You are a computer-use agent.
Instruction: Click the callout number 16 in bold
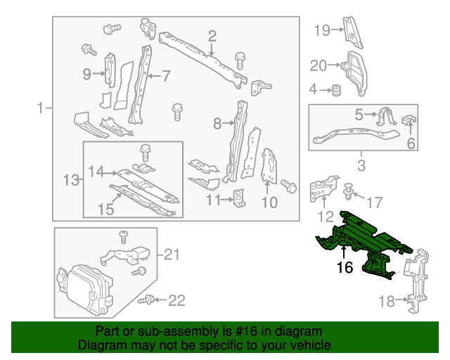(344, 267)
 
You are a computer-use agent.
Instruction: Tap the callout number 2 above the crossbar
(212, 36)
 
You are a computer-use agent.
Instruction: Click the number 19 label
(321, 30)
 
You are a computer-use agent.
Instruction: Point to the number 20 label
(319, 66)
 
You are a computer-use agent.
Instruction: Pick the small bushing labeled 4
(337, 90)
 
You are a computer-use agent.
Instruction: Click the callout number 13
(71, 181)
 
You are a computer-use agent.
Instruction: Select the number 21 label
(172, 254)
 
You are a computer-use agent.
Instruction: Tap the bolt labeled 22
(147, 300)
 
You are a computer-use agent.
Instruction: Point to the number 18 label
(387, 302)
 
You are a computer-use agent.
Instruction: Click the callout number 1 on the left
(41, 108)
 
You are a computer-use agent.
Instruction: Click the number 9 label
(86, 74)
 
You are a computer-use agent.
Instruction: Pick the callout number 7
(166, 75)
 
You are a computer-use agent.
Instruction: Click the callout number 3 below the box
(361, 166)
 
